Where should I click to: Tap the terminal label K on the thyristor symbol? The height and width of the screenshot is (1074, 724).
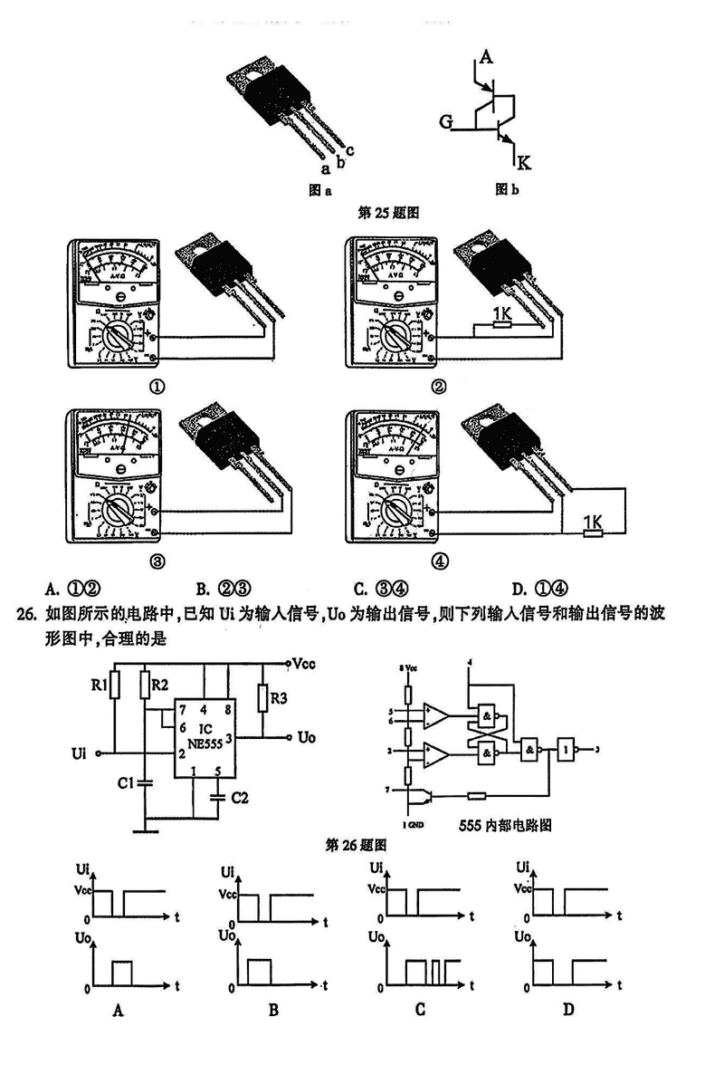point(525,163)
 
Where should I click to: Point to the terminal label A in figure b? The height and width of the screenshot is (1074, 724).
point(486,58)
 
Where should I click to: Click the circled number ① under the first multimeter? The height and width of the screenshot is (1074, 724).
point(157,388)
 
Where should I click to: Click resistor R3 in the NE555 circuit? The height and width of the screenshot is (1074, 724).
point(262,699)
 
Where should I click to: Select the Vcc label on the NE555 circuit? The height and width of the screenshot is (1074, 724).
point(304,663)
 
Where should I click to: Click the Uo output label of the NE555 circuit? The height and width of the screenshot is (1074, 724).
point(306,738)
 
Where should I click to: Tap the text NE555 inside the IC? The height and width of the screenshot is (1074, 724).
point(207,743)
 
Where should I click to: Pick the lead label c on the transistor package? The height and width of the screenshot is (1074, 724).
point(349,150)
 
